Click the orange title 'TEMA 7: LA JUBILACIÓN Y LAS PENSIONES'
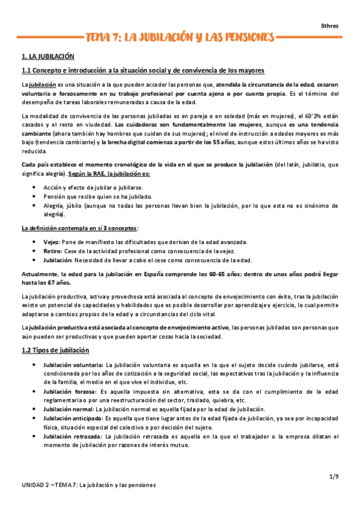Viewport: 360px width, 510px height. [x=180, y=38]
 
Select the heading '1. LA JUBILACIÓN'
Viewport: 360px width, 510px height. [x=47, y=57]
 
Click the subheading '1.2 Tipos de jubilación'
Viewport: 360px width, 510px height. [x=55, y=350]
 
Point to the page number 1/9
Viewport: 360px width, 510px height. [x=335, y=477]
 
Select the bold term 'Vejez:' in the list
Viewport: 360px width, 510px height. [x=53, y=242]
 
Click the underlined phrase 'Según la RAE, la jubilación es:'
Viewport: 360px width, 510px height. [x=109, y=174]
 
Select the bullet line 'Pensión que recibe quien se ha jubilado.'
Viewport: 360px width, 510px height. [x=97, y=197]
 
